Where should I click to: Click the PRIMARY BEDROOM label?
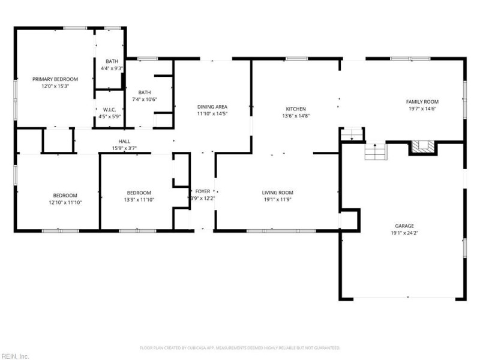point(55,79)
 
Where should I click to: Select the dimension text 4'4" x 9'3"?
point(112,68)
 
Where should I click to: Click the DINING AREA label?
point(212,106)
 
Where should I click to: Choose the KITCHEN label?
point(296,109)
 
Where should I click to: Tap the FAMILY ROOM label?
point(422,101)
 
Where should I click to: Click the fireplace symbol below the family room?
point(422,147)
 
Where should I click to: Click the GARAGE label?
point(404,226)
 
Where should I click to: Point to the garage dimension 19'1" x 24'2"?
point(404,233)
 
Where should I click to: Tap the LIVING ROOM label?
point(277,193)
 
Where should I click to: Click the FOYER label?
point(203,191)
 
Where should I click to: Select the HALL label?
point(124,142)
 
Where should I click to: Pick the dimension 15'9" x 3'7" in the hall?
point(124,148)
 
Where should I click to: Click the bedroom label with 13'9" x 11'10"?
point(139,193)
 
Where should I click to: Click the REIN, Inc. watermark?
point(15,356)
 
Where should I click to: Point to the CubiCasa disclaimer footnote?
point(240,347)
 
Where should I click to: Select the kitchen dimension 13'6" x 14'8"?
point(296,116)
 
